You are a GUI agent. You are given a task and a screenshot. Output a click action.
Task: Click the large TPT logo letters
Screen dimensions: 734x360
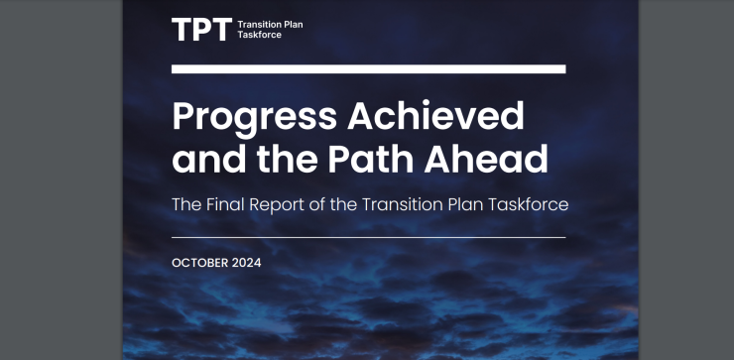(x=201, y=30)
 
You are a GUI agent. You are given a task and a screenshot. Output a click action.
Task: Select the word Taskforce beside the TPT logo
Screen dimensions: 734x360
(x=259, y=35)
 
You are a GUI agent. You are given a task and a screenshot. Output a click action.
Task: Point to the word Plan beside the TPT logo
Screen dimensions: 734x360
(x=294, y=25)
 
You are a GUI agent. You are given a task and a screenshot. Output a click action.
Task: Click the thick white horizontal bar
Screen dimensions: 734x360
(x=368, y=68)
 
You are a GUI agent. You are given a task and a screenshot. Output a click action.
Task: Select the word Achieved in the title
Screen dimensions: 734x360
(x=435, y=116)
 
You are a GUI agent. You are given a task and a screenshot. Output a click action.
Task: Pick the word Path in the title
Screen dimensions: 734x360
(x=370, y=158)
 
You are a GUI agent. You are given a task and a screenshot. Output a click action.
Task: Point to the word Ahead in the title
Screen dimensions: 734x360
(x=486, y=158)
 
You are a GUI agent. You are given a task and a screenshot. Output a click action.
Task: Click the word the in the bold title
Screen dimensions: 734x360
(x=287, y=158)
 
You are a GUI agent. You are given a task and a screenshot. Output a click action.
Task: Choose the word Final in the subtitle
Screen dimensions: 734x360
(x=226, y=204)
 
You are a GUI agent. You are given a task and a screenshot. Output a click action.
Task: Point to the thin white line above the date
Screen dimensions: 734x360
(x=368, y=237)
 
